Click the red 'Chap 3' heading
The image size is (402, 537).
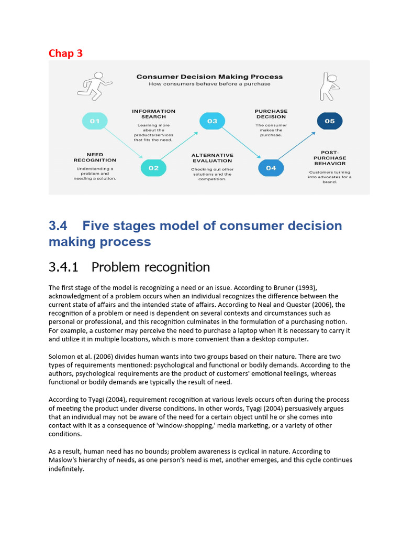click(65, 53)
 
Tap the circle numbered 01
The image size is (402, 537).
click(95, 121)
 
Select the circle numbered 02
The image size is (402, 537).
click(153, 168)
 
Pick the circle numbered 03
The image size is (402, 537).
click(212, 121)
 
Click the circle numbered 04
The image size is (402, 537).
click(271, 168)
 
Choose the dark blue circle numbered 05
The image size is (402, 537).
click(330, 121)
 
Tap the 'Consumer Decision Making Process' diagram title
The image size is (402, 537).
click(209, 77)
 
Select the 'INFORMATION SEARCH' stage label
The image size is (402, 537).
click(153, 114)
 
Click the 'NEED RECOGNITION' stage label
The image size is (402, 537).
click(95, 157)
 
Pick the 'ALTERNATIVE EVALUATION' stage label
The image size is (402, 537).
click(212, 158)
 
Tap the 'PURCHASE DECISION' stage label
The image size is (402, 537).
click(271, 114)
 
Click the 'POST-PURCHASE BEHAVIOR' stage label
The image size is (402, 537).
click(330, 158)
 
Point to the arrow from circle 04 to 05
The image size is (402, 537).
click(300, 144)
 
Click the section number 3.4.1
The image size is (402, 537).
click(63, 267)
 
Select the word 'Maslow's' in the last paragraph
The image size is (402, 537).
click(64, 460)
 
